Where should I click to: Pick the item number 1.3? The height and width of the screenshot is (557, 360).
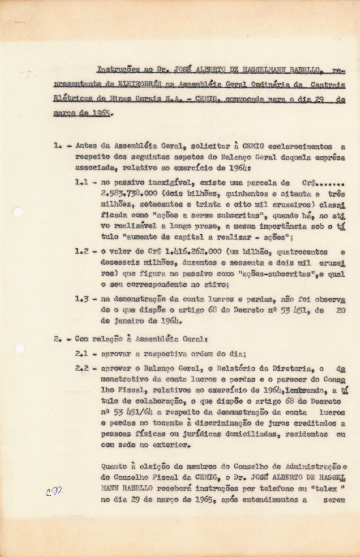point(83,298)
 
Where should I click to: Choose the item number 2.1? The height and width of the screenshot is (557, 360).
point(82,354)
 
